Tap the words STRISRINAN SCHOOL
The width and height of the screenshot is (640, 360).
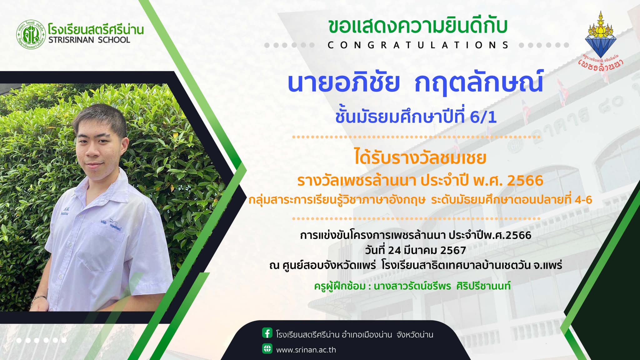(89, 40)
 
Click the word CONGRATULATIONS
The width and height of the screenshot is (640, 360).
(418, 45)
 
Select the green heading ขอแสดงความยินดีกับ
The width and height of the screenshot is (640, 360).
(418, 27)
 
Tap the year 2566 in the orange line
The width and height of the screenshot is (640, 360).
(525, 181)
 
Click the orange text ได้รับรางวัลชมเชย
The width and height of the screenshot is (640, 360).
(420, 157)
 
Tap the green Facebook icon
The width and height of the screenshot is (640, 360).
(267, 333)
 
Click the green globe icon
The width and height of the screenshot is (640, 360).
(267, 348)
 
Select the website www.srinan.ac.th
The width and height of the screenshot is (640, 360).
(306, 350)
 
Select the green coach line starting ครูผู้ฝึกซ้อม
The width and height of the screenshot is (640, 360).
(412, 286)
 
